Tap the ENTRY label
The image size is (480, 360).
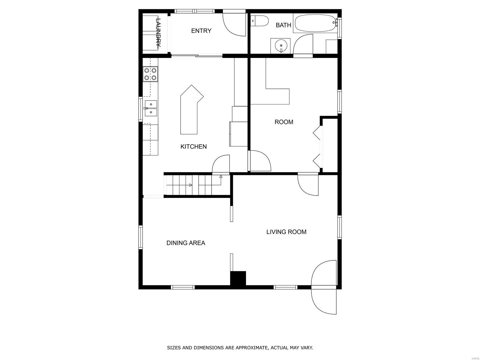point(201,31)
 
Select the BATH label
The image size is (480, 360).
point(283,25)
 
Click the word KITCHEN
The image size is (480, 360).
point(193,146)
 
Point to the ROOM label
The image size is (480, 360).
point(284,122)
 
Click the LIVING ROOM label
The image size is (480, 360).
point(286,232)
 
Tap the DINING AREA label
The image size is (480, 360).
point(186,243)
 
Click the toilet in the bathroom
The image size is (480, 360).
point(260,21)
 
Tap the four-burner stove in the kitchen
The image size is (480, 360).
point(150,74)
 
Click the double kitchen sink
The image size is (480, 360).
point(151,108)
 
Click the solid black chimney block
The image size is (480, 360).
point(238,278)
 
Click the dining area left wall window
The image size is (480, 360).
point(140,237)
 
